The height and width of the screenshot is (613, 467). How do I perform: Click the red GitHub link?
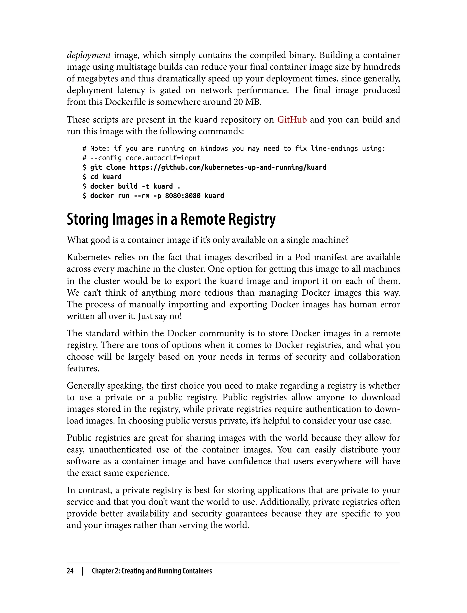(x=292, y=119)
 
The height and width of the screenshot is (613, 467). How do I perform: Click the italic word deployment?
(x=89, y=55)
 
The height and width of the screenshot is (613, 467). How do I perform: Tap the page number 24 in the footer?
(x=70, y=571)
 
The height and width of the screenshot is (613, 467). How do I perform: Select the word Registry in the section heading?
(x=252, y=220)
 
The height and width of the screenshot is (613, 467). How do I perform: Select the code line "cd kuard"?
(x=106, y=177)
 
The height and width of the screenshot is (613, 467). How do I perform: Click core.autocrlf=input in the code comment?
(x=163, y=158)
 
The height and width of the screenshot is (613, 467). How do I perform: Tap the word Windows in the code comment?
(x=214, y=148)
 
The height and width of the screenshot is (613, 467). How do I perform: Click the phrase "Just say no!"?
(x=160, y=316)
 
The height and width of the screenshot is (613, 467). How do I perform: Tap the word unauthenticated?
(x=121, y=449)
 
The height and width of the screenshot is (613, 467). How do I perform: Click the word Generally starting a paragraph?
(x=85, y=386)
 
